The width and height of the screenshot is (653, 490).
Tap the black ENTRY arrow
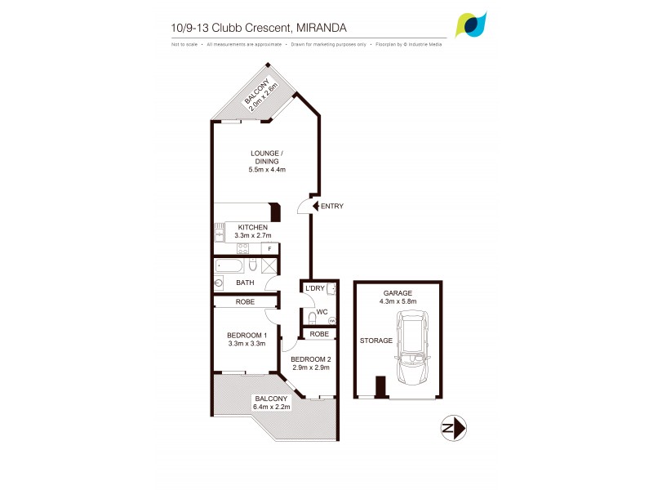pyautogui.click(x=316, y=206)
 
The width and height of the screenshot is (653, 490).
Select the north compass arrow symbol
pyautogui.click(x=453, y=428)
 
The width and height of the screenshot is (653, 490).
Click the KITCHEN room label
pyautogui.click(x=252, y=227)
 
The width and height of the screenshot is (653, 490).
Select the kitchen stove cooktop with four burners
pyautogui.click(x=243, y=249)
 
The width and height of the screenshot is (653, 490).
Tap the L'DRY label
pyautogui.click(x=314, y=289)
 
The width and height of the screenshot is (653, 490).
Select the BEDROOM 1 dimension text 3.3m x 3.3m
pyautogui.click(x=246, y=344)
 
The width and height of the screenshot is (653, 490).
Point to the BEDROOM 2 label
pyautogui.click(x=311, y=360)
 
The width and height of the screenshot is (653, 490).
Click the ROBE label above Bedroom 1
pyautogui.click(x=245, y=301)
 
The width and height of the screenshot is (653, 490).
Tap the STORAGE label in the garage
pyautogui.click(x=376, y=341)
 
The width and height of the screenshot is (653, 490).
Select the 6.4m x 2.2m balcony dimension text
pyautogui.click(x=272, y=407)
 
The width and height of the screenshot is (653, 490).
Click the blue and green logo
pyautogui.click(x=471, y=25)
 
